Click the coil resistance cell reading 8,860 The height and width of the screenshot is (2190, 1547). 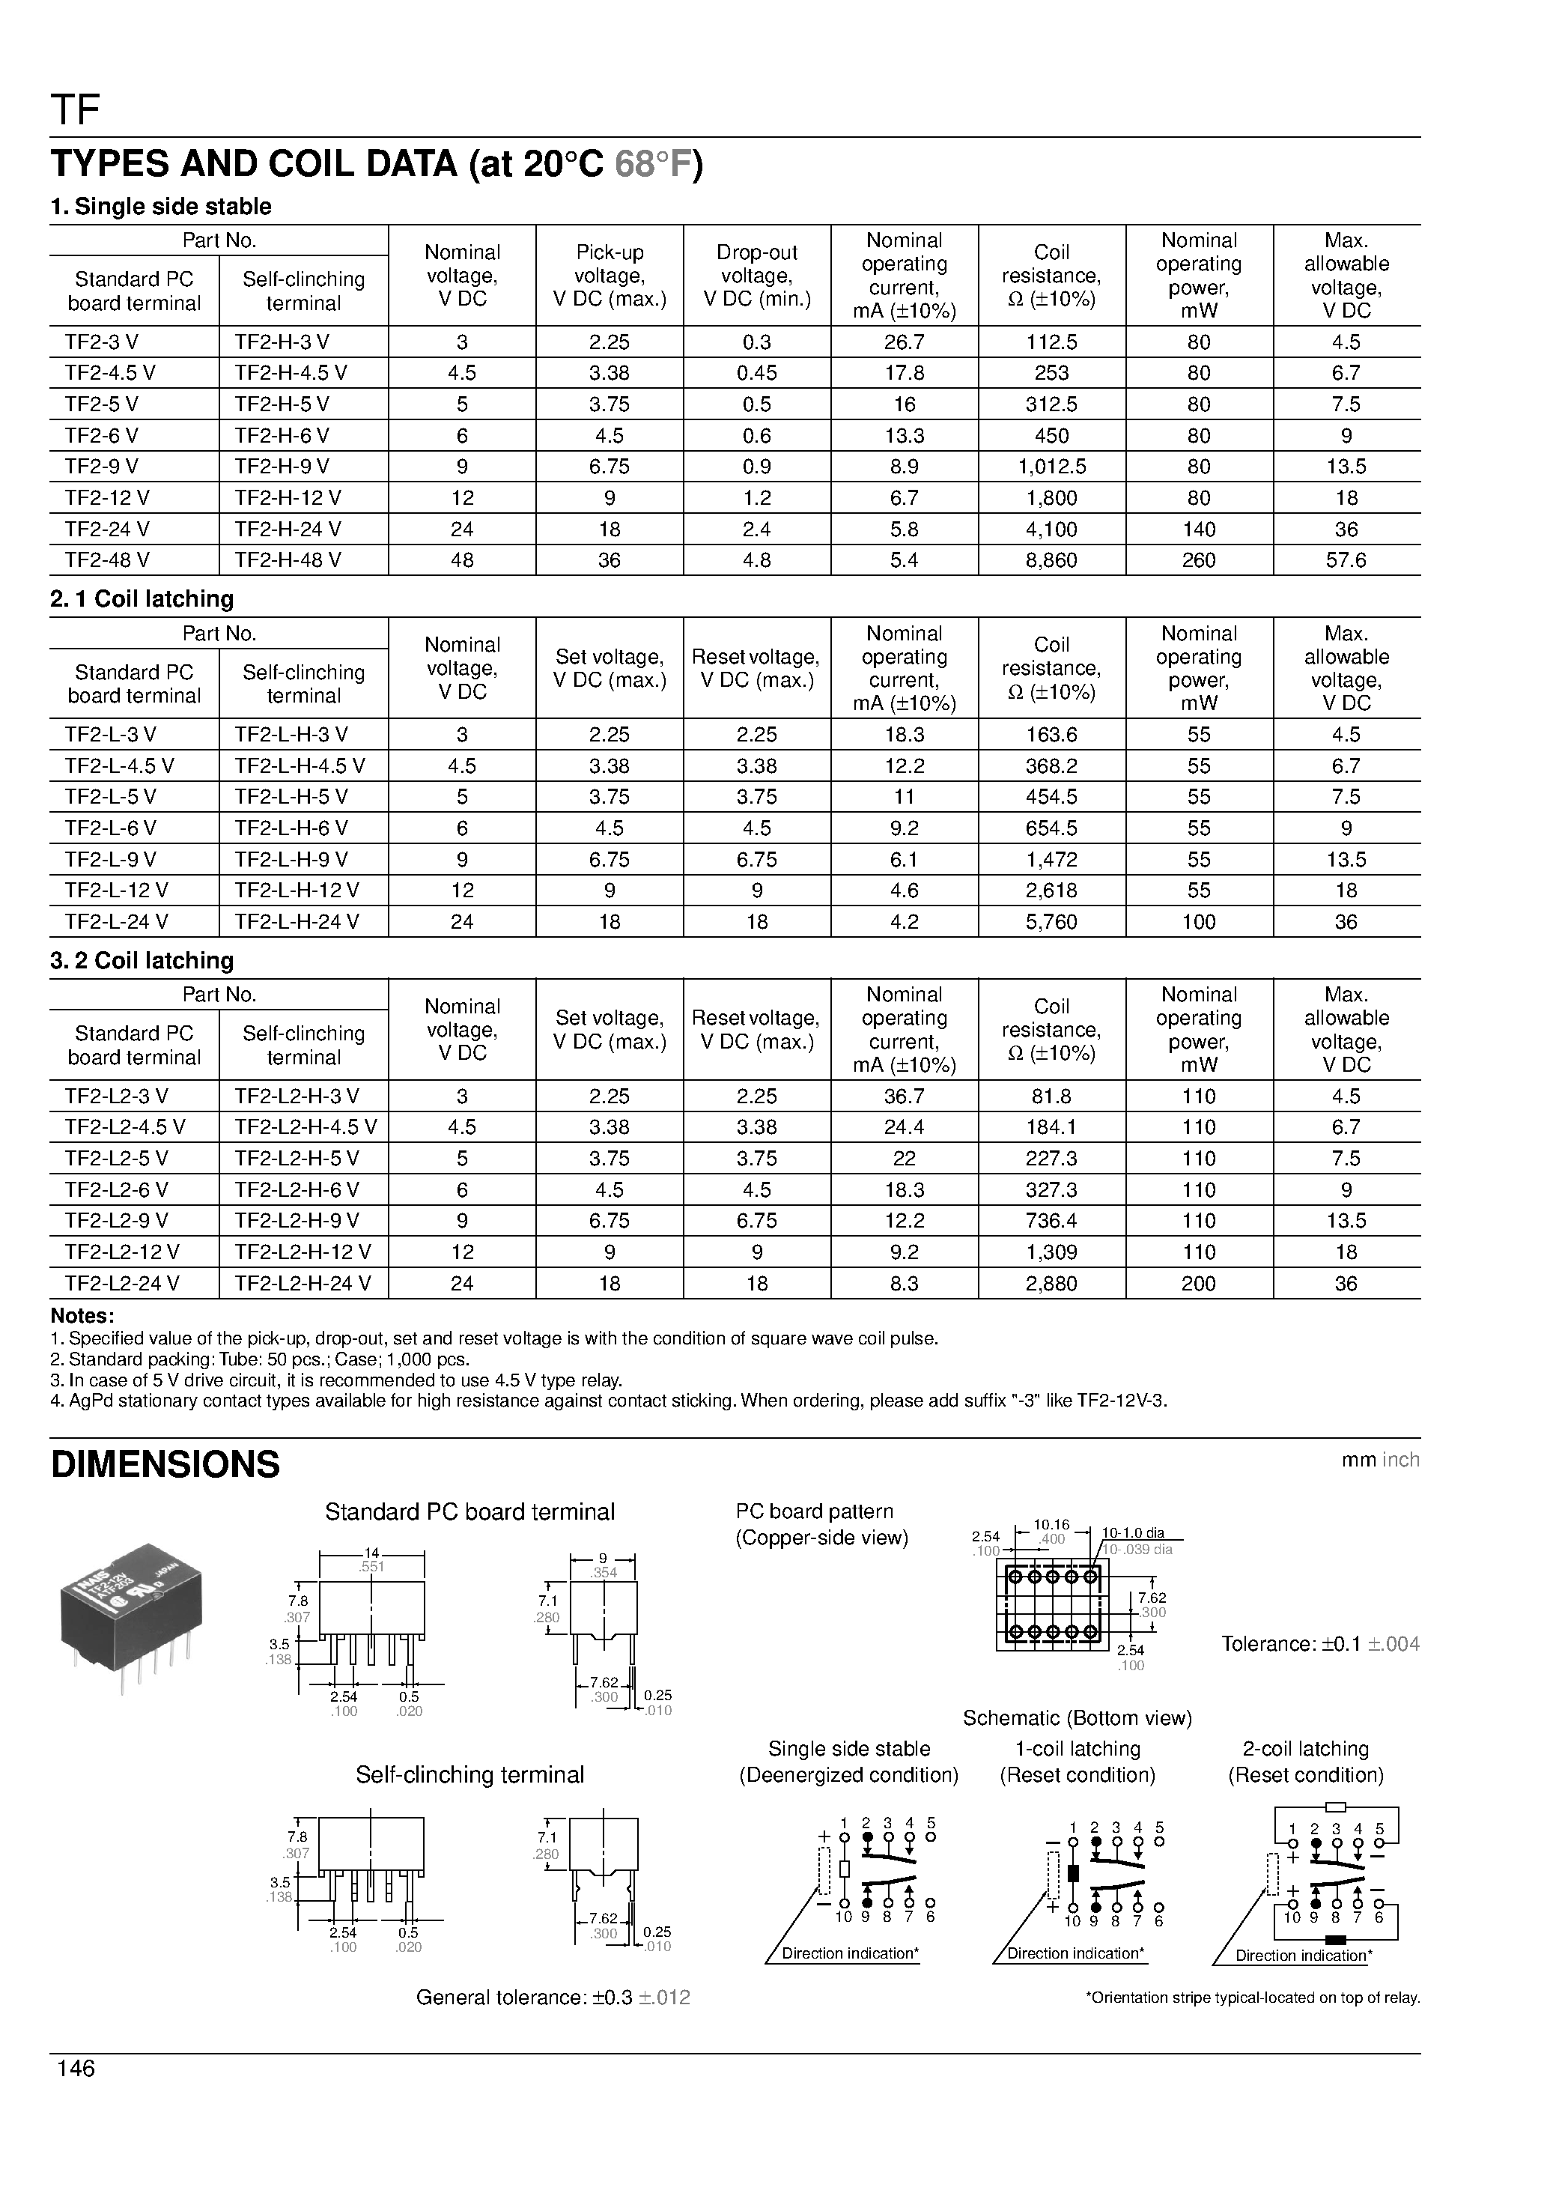click(x=1051, y=560)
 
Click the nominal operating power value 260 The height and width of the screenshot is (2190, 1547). click(x=1198, y=560)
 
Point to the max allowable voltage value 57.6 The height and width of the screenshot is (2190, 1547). click(x=1346, y=560)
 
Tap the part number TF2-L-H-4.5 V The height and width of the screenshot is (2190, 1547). click(x=300, y=766)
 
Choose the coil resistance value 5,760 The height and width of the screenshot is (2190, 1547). click(x=1051, y=921)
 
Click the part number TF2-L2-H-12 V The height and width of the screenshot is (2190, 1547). click(x=303, y=1252)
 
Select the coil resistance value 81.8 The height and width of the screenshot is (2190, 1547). click(x=1051, y=1096)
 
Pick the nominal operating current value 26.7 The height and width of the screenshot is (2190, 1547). click(x=905, y=342)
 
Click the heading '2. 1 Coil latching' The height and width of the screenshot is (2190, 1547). click(x=142, y=599)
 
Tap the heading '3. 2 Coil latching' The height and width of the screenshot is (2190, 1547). click(x=142, y=960)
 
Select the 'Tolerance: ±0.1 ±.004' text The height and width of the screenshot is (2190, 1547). click(x=1320, y=1643)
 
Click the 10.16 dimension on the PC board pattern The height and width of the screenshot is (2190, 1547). click(x=1051, y=1525)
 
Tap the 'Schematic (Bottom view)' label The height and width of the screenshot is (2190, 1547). click(x=1077, y=1718)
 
